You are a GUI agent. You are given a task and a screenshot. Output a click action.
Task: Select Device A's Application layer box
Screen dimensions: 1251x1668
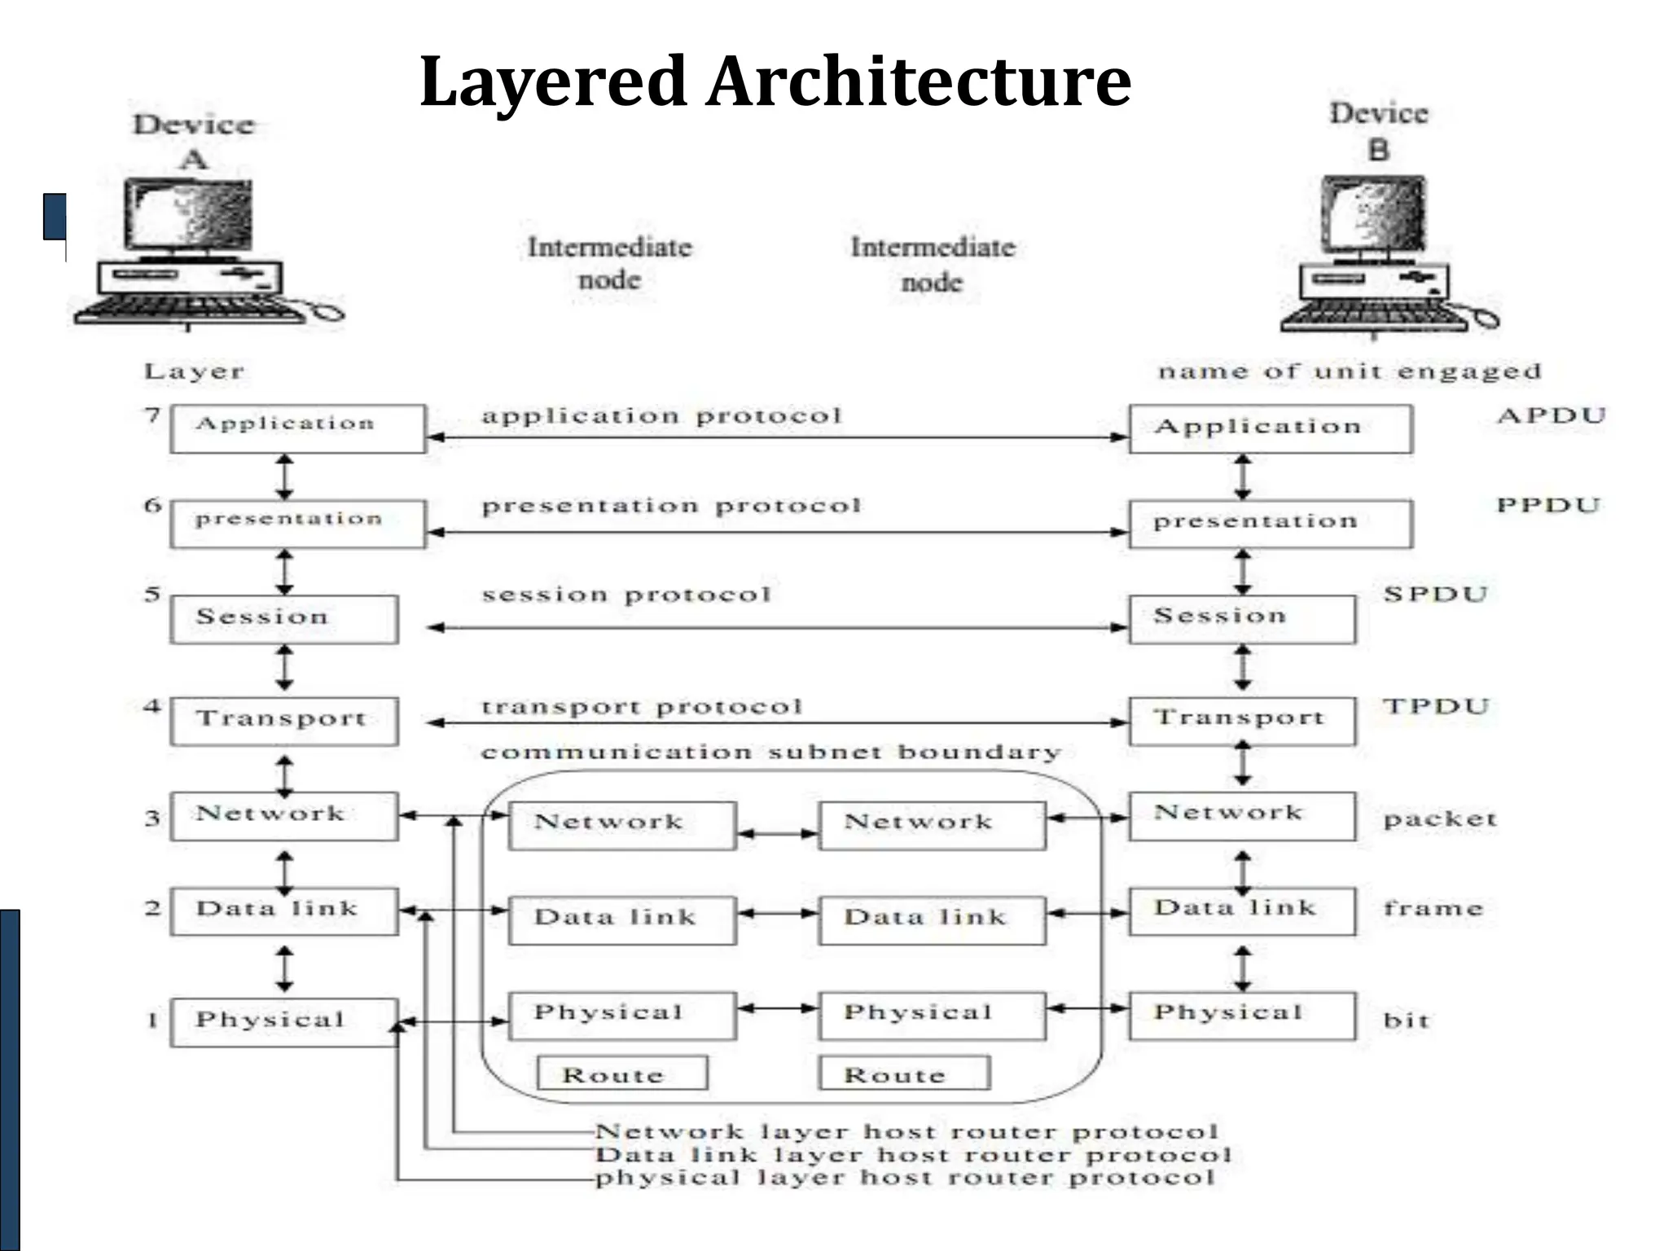(297, 428)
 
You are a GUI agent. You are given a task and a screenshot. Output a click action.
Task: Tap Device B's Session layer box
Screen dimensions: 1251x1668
(1241, 619)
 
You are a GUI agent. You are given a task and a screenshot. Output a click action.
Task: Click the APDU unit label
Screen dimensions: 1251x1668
(1551, 415)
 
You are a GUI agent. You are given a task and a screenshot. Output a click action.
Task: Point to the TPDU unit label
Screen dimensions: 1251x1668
(1435, 706)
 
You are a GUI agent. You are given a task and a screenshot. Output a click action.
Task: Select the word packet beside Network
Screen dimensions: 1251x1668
(1439, 819)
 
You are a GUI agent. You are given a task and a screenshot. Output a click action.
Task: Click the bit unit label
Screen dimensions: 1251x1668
(1406, 1020)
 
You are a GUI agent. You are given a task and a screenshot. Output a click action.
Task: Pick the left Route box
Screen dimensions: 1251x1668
(622, 1073)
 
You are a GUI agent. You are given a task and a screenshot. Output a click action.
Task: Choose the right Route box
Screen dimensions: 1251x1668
(904, 1073)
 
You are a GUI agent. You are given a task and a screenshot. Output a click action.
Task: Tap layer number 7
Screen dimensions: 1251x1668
(152, 415)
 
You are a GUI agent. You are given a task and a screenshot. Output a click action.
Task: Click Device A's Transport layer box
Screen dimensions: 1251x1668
(284, 721)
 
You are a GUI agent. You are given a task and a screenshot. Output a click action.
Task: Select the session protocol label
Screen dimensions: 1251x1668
(625, 595)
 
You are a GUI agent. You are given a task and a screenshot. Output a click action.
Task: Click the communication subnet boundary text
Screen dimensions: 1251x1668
(770, 752)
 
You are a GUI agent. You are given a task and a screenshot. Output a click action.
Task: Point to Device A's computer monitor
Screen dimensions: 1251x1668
(189, 215)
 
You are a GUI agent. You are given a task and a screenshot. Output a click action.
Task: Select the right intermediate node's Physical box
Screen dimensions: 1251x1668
(932, 1015)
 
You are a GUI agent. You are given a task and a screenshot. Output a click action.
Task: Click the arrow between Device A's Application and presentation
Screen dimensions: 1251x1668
(284, 477)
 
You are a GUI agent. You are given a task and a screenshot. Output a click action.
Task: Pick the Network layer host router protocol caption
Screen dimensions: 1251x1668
(906, 1131)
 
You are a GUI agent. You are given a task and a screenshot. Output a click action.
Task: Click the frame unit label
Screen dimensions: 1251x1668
(1433, 907)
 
